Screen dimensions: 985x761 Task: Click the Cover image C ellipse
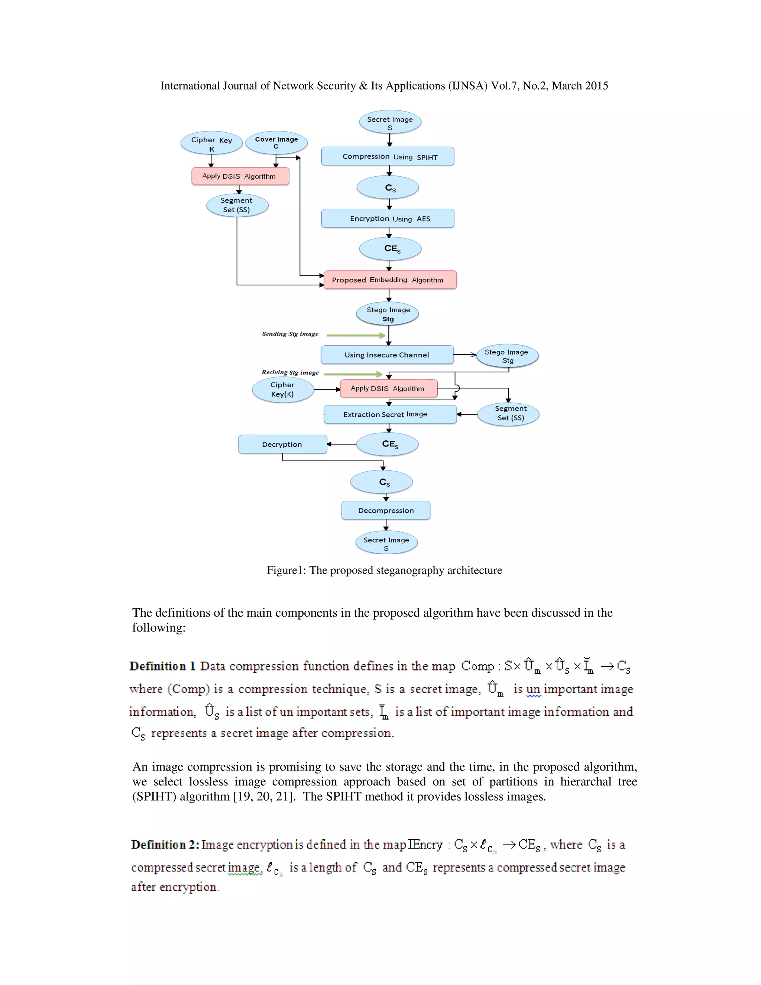click(x=276, y=142)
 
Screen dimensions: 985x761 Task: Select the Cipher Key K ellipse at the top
click(x=211, y=143)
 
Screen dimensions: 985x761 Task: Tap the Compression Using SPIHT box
click(x=388, y=156)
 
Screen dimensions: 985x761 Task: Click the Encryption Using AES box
click(x=388, y=218)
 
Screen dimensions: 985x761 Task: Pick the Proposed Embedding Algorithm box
click(x=390, y=280)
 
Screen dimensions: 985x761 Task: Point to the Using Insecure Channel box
click(x=387, y=355)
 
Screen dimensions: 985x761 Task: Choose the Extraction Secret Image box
click(x=390, y=414)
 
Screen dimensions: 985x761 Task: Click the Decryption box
click(x=282, y=444)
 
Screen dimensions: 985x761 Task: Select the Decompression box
click(x=386, y=510)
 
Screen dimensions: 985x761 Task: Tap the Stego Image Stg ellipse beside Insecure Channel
click(x=507, y=356)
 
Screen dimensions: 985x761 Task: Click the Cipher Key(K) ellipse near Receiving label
click(x=283, y=390)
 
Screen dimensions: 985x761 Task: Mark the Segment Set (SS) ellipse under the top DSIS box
click(x=237, y=205)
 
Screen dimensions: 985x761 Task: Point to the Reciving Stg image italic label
click(x=290, y=372)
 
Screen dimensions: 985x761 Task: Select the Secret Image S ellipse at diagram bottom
click(x=386, y=543)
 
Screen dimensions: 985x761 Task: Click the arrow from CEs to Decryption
click(x=341, y=444)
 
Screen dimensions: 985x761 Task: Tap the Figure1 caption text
click(x=384, y=571)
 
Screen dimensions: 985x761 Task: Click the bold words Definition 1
click(x=162, y=666)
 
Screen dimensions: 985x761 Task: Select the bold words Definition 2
click(x=165, y=844)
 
